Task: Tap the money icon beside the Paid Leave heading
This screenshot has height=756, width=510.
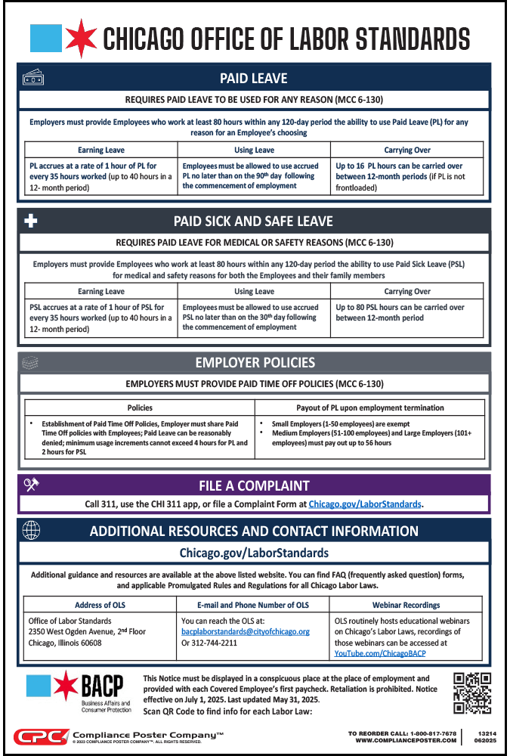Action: click(x=32, y=78)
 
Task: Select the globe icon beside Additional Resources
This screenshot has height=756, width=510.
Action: click(x=32, y=530)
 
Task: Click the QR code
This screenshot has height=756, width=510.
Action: click(x=472, y=692)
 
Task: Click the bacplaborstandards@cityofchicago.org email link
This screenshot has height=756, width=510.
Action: click(x=246, y=631)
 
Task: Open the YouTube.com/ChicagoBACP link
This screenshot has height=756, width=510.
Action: click(x=380, y=653)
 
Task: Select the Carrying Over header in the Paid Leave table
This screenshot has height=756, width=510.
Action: click(x=407, y=150)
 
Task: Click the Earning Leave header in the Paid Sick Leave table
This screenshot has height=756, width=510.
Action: click(x=101, y=291)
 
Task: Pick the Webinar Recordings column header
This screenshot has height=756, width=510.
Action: click(x=406, y=605)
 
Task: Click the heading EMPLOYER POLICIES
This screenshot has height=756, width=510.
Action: click(x=255, y=362)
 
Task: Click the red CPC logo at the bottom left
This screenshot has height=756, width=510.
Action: click(x=40, y=736)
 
